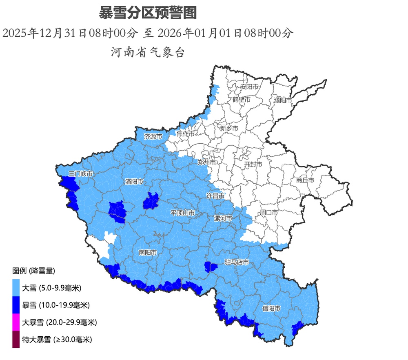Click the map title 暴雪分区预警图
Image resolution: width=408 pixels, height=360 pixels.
click(x=148, y=13)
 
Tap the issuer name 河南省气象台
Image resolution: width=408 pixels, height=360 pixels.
click(x=148, y=52)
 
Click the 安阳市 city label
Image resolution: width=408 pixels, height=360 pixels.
click(x=249, y=87)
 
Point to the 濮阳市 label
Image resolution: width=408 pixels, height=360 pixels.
click(x=283, y=100)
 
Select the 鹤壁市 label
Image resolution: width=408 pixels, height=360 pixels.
click(x=242, y=99)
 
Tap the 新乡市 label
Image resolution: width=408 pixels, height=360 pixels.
click(x=229, y=128)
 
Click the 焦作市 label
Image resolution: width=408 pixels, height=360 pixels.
click(x=186, y=133)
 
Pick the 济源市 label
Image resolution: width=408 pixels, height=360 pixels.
click(x=153, y=137)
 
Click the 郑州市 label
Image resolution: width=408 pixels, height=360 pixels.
click(x=206, y=162)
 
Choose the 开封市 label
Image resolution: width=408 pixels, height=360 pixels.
click(x=253, y=164)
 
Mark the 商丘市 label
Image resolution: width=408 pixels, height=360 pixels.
click(x=305, y=180)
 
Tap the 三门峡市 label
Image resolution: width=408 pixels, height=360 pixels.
click(x=81, y=174)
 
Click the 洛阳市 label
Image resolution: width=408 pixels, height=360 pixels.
click(x=134, y=181)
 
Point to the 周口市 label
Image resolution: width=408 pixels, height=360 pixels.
click(x=269, y=213)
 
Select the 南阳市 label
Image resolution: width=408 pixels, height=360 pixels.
click(x=148, y=253)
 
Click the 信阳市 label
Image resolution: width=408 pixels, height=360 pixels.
click(x=271, y=308)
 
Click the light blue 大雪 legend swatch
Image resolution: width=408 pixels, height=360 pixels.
click(x=16, y=288)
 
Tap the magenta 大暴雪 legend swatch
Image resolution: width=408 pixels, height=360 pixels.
click(x=16, y=322)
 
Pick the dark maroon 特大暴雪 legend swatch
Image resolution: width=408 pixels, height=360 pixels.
click(x=16, y=339)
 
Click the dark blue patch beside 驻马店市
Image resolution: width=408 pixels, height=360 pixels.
click(x=211, y=267)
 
